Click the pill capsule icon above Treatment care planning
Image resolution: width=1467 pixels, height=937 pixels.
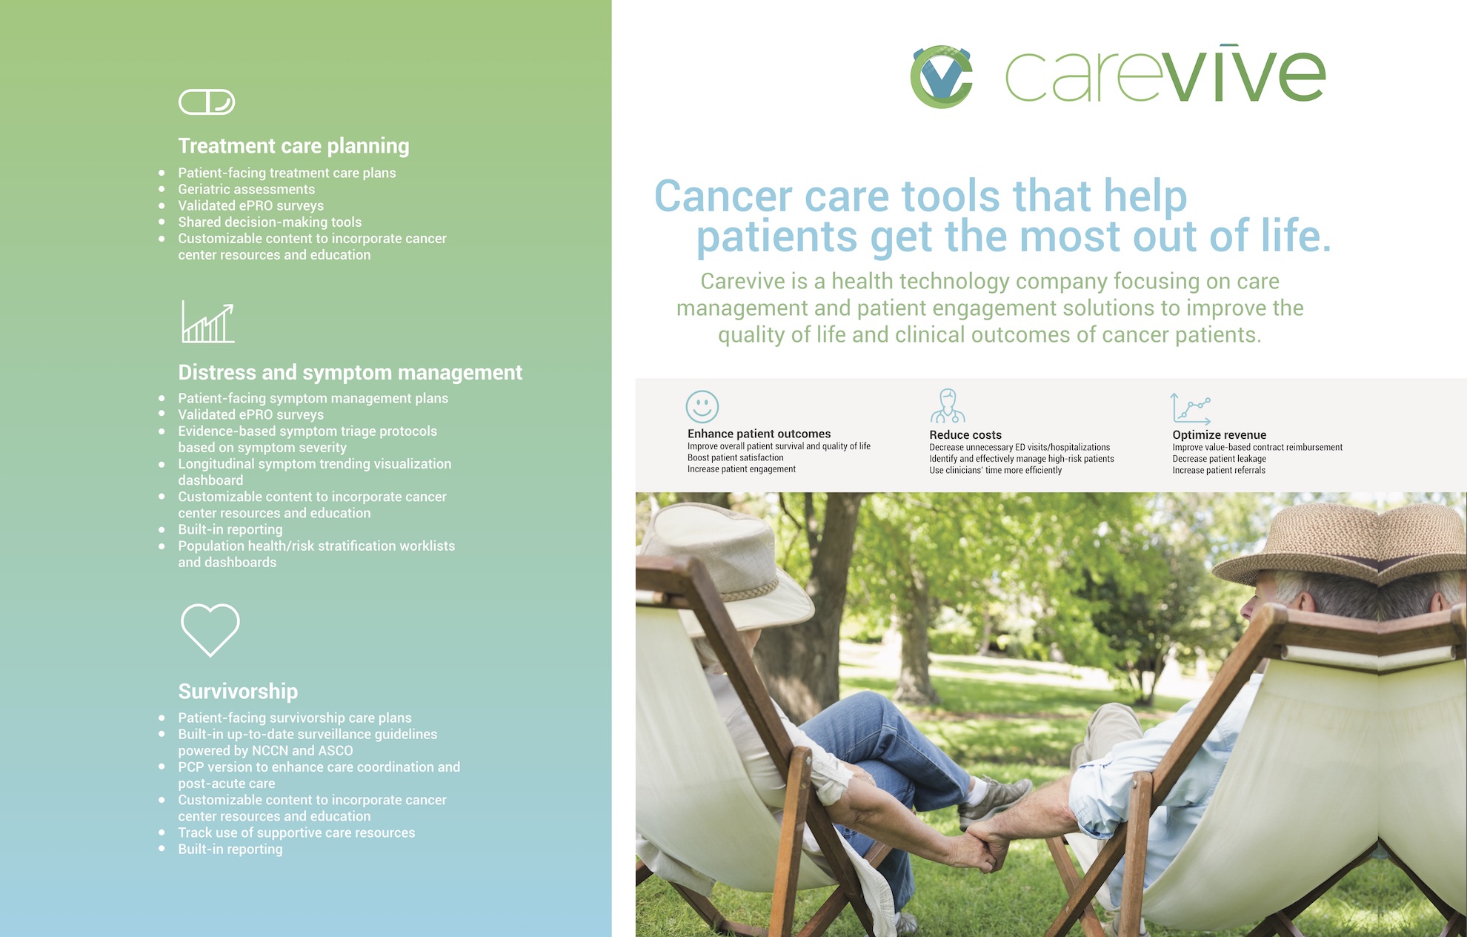click(207, 102)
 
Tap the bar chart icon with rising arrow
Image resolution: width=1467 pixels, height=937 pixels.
click(208, 322)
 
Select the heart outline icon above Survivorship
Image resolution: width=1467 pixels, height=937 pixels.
click(210, 629)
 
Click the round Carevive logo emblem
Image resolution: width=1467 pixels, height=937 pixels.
click(941, 76)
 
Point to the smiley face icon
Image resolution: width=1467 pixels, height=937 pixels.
click(702, 407)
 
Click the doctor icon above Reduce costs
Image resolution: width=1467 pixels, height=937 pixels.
click(948, 405)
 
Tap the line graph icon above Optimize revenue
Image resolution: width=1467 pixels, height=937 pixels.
click(1191, 408)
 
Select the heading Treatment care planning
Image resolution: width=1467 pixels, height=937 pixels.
click(293, 146)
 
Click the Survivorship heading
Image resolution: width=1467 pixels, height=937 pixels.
click(238, 692)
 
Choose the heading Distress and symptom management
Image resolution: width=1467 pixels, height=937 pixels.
click(350, 372)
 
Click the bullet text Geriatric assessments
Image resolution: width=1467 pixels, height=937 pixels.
click(247, 189)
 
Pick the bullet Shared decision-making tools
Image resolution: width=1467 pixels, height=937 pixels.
click(270, 222)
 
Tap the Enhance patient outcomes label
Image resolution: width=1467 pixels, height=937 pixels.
click(759, 434)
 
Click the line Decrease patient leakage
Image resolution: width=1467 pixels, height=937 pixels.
click(1219, 459)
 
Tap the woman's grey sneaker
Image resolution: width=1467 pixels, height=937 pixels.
click(994, 801)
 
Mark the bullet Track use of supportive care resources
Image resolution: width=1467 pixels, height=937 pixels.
click(296, 832)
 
